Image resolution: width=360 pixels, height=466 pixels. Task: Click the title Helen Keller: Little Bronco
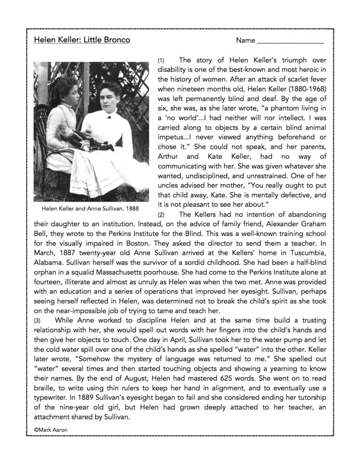(82, 40)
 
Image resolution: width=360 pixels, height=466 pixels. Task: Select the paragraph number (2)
(161, 214)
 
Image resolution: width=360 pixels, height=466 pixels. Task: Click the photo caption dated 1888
(90, 209)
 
